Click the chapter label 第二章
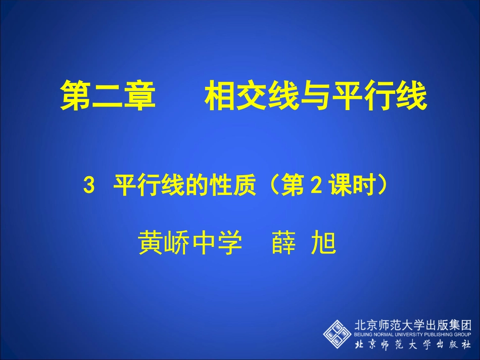(x=108, y=96)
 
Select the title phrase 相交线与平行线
(x=316, y=96)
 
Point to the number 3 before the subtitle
(x=89, y=187)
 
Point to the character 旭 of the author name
(x=323, y=244)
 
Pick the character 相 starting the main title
(x=220, y=96)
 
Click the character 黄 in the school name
(x=150, y=244)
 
